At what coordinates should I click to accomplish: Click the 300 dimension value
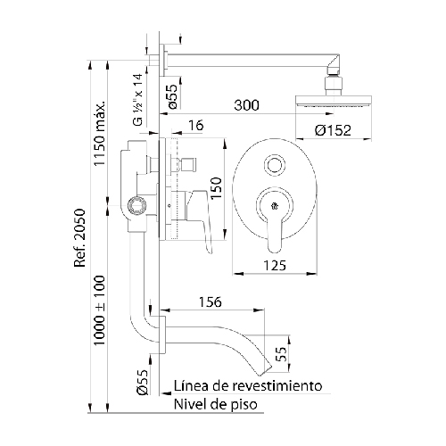[x=246, y=105]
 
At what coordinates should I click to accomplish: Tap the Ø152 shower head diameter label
[x=333, y=130]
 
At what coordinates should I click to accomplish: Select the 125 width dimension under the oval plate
[x=275, y=266]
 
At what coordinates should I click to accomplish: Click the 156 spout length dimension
[x=211, y=302]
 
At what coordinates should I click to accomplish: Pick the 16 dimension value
[x=196, y=126]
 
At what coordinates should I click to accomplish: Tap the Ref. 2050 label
[x=80, y=238]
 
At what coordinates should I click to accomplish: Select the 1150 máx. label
[x=99, y=133]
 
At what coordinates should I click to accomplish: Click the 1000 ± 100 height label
[x=99, y=310]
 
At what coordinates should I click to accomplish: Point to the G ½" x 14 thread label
[x=138, y=100]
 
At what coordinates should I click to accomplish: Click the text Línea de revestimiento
[x=248, y=386]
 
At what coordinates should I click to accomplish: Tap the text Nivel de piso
[x=216, y=404]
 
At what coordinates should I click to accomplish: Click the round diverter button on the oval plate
[x=275, y=164]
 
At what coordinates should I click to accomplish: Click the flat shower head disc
[x=334, y=101]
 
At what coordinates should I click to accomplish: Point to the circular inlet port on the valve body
[x=136, y=205]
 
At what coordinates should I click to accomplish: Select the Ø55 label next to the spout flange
[x=143, y=383]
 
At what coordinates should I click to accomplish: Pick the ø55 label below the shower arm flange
[x=172, y=96]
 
